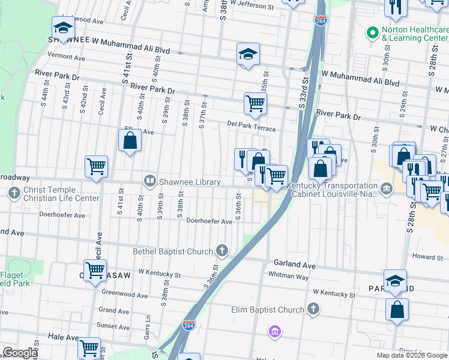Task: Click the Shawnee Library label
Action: pyautogui.click(x=190, y=182)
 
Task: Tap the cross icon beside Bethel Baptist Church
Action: pyautogui.click(x=223, y=250)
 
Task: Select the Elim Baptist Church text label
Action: pyautogui.click(x=268, y=310)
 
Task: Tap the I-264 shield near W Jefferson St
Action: pyautogui.click(x=320, y=20)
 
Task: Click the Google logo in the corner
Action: pyautogui.click(x=19, y=353)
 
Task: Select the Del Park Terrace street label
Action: pyautogui.click(x=251, y=125)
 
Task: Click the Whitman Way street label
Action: pyautogui.click(x=288, y=277)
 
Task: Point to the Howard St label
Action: pyautogui.click(x=427, y=257)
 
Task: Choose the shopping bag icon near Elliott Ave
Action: pyautogui.click(x=130, y=142)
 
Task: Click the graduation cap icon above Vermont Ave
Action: pyautogui.click(x=63, y=27)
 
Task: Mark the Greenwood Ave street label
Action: pyautogui.click(x=124, y=295)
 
